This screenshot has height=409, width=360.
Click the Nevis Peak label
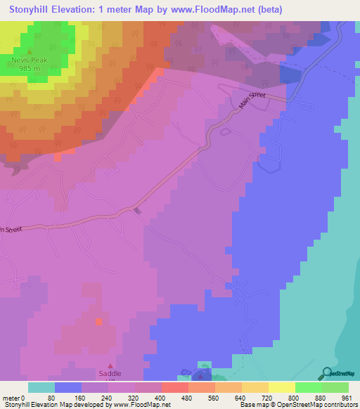click(30, 60)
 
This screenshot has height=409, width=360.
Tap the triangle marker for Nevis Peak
click(30, 52)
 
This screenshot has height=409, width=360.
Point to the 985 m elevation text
click(30, 68)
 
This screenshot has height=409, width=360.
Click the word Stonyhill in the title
click(34, 9)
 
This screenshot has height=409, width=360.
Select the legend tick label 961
click(347, 397)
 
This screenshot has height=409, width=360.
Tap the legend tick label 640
click(242, 397)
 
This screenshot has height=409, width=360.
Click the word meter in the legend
click(12, 397)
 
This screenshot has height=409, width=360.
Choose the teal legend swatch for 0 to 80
click(41, 387)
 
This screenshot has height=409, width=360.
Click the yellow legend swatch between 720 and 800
click(281, 387)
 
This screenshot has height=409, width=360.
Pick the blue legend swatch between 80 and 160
click(68, 387)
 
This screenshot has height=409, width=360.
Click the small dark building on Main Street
click(136, 211)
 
